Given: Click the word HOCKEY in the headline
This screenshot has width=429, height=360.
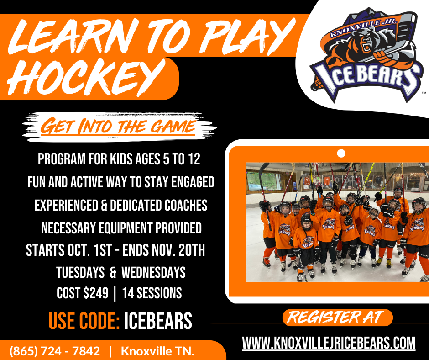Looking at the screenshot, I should point(87,77).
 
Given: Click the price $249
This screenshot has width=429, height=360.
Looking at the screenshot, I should point(96,293).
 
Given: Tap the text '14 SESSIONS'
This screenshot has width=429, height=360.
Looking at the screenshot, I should point(152,293).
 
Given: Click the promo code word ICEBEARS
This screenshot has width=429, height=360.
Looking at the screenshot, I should point(158,321).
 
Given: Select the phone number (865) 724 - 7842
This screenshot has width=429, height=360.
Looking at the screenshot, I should point(55,351).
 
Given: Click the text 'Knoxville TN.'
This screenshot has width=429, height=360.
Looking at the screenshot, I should point(158,351).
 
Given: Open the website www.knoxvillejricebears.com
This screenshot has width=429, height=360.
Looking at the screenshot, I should point(329,343).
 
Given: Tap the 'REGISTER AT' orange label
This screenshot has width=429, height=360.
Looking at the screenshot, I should point(337,318).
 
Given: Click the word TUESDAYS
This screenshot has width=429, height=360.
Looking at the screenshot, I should point(80,273).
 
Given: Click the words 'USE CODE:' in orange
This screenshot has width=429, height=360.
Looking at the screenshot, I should point(84,321).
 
